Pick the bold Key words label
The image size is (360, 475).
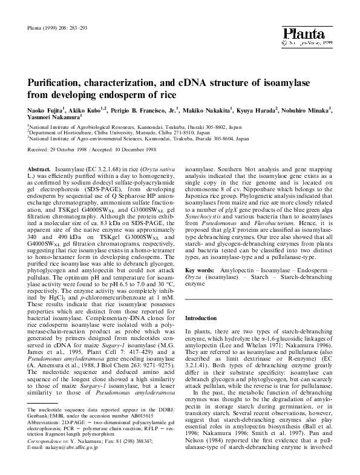tap(199, 270)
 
